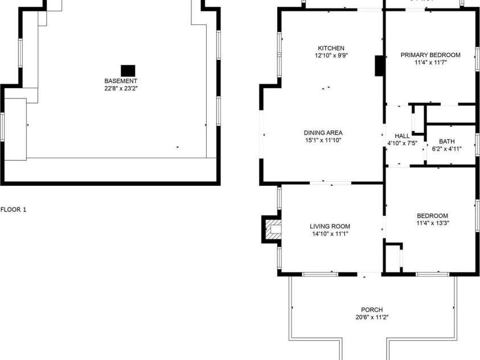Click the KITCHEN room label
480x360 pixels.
point(331,48)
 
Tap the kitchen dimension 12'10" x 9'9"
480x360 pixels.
point(331,56)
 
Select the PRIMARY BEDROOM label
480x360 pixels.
point(430,55)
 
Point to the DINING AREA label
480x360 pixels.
point(323,133)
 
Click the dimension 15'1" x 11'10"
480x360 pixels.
point(323,140)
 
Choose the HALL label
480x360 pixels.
point(402,136)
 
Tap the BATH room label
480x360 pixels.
point(447,141)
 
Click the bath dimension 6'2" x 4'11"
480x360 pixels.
point(447,149)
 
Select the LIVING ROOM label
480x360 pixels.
point(330,226)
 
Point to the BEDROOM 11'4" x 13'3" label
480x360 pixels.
point(432,216)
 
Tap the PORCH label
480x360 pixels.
point(372,310)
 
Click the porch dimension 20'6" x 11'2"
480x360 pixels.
point(372,317)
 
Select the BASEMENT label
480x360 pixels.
point(120,81)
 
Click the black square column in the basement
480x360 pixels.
point(128,70)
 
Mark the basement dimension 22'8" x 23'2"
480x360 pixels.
point(120,88)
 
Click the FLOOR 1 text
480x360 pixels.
point(13,210)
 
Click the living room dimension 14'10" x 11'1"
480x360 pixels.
point(330,234)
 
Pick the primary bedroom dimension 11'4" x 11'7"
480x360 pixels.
point(430,63)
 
